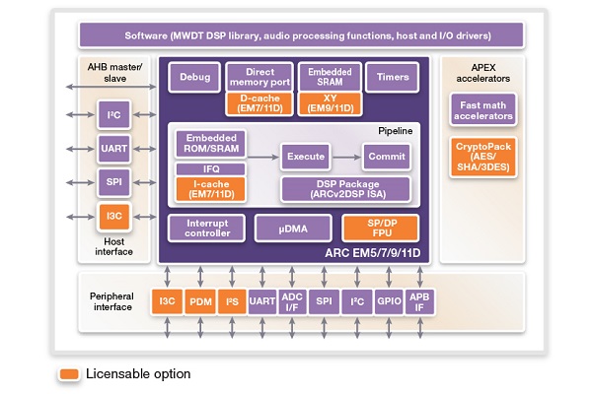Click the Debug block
click(194, 77)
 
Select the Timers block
click(393, 77)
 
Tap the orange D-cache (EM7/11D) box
click(259, 103)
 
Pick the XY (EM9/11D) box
click(330, 103)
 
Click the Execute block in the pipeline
click(306, 157)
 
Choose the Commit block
click(387, 157)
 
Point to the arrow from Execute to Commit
click(346, 157)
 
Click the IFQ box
click(211, 168)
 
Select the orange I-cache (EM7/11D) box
click(211, 189)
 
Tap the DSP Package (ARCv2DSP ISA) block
click(346, 189)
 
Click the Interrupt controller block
click(207, 229)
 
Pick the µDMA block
click(293, 229)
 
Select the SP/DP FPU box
click(381, 229)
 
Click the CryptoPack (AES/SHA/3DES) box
click(482, 157)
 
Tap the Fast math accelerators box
click(482, 110)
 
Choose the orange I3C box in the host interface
click(114, 217)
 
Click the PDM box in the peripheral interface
click(200, 301)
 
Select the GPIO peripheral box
click(389, 301)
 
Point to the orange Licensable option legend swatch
click(69, 374)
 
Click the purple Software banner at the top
click(301, 35)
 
